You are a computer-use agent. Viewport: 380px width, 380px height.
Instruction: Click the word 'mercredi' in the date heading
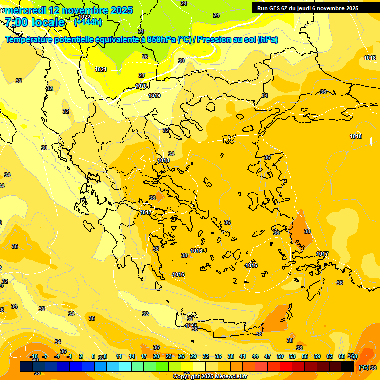25,10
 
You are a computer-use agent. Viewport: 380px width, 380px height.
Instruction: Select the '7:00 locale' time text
35,22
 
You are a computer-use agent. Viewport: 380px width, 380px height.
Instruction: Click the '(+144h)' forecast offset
88,22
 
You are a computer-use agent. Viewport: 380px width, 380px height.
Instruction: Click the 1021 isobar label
101,69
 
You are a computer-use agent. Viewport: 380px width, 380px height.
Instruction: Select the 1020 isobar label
141,86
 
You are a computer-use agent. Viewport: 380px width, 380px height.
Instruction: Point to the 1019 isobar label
154,95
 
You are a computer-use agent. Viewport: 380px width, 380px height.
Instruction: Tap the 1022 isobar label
85,16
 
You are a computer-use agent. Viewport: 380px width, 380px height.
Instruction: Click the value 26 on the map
145,57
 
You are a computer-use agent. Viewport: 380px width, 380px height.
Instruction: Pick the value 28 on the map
142,75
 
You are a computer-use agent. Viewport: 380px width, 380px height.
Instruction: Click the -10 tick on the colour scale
34,356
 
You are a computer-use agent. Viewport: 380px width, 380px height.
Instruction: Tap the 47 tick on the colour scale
267,356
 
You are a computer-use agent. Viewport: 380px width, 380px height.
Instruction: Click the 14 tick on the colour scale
132,356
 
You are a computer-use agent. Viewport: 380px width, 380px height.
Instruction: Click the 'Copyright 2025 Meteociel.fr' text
210,376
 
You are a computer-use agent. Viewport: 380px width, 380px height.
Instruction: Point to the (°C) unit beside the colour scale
363,367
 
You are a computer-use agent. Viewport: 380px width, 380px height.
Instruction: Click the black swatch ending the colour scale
348,367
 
